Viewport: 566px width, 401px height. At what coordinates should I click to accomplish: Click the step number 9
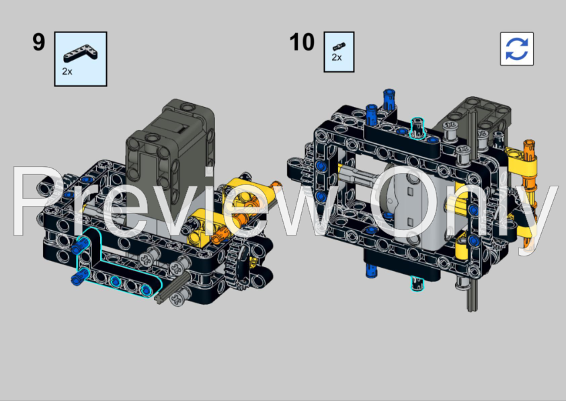click(38, 42)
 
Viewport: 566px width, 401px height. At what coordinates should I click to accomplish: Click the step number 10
click(302, 42)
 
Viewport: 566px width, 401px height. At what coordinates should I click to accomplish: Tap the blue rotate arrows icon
click(516, 49)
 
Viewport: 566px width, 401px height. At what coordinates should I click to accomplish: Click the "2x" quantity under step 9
click(67, 71)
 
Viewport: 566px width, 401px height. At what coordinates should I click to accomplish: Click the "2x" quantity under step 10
click(336, 58)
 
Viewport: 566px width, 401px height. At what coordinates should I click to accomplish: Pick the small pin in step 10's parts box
click(338, 46)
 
